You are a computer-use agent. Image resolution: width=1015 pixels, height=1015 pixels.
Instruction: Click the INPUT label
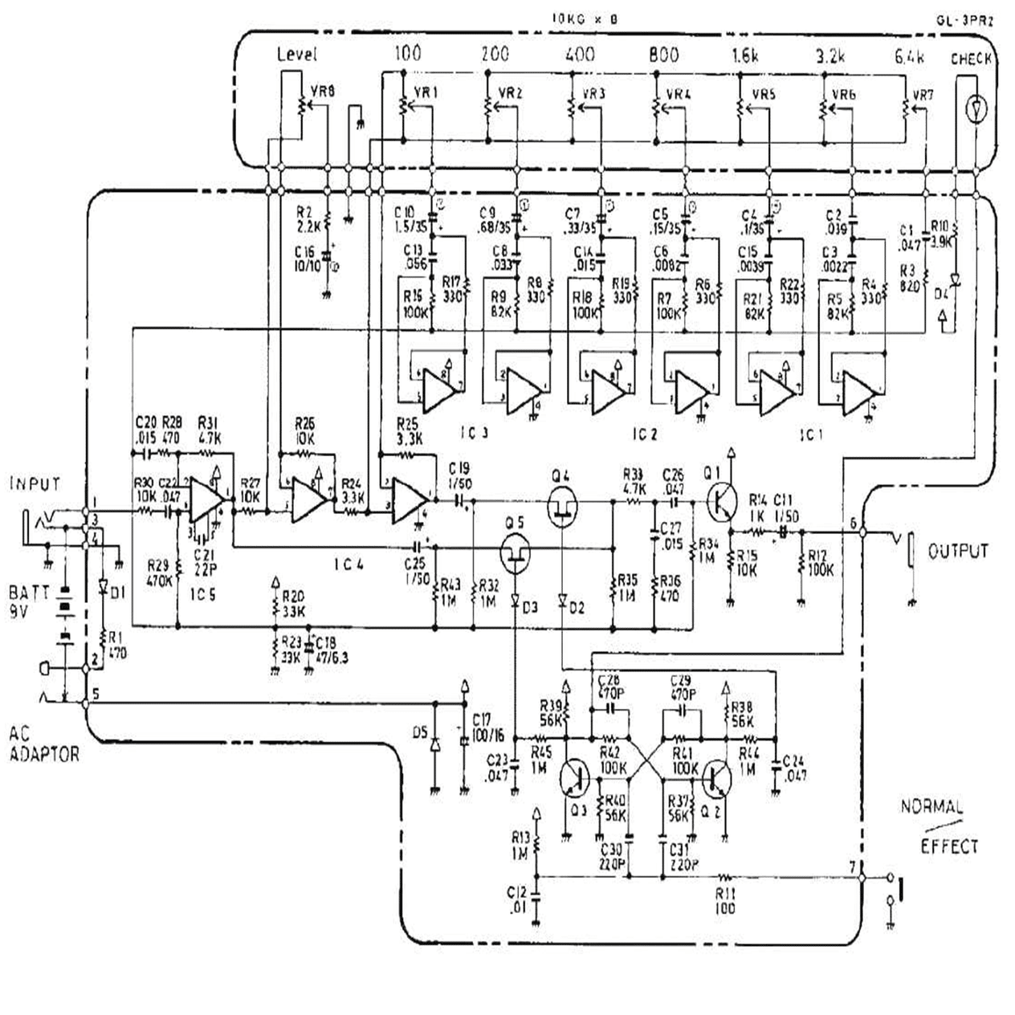[35, 484]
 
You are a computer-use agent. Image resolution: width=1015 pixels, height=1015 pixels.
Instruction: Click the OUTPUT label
[957, 552]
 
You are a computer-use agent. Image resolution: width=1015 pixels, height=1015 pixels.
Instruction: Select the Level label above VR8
[297, 55]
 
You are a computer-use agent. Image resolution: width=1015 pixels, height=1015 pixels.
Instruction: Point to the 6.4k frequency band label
[909, 56]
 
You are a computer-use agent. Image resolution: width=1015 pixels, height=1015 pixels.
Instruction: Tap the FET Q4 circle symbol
[561, 507]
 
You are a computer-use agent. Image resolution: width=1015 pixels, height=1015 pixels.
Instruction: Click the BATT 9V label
[29, 601]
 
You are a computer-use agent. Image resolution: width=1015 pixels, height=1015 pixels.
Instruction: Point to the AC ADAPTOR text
[43, 744]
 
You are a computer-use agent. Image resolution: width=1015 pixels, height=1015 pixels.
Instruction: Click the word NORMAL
[931, 806]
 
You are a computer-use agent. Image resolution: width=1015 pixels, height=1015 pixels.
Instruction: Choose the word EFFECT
[949, 846]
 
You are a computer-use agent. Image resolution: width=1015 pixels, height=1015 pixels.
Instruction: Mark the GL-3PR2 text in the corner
[964, 22]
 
